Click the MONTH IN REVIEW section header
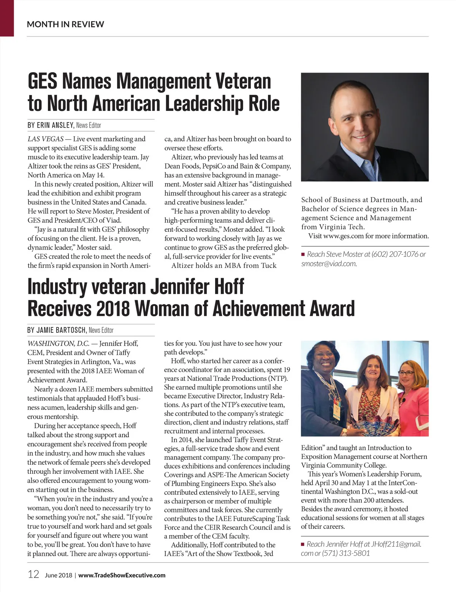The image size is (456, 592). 65,24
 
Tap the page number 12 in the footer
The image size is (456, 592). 33,574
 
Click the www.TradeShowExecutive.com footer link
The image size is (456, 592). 122,575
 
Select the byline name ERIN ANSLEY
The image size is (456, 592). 55,125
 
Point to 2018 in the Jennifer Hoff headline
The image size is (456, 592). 113,308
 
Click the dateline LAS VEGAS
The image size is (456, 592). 45,139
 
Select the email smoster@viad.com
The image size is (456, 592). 329,263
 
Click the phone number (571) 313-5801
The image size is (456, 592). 346,553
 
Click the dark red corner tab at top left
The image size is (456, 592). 7,18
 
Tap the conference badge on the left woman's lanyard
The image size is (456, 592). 336,408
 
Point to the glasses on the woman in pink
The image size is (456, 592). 406,373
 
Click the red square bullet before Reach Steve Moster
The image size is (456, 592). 303,254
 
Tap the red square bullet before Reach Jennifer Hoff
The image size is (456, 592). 303,544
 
